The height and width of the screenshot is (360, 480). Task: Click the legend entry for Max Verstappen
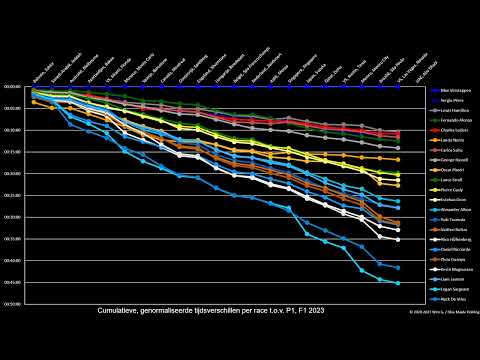449,91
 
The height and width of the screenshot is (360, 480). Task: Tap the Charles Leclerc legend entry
449,131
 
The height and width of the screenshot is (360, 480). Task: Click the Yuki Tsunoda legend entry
449,219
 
